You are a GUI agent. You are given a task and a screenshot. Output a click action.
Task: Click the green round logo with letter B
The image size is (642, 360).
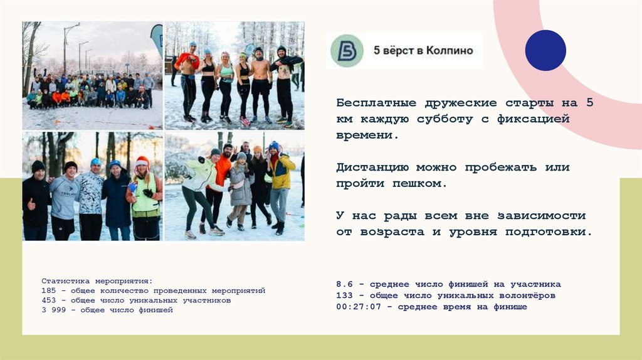347,51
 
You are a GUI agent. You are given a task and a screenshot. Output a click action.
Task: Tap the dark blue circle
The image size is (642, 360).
545,50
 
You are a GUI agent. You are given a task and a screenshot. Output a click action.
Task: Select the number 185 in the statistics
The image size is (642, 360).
49,291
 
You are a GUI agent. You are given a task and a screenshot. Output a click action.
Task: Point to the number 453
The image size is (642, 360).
49,300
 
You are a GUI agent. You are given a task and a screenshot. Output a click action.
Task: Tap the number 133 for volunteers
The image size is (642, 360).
344,295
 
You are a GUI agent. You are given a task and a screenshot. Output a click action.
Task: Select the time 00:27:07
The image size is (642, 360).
359,307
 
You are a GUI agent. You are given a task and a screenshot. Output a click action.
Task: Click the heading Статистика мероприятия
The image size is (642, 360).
97,281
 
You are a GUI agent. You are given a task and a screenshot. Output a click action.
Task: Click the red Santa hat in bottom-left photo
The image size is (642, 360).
142,161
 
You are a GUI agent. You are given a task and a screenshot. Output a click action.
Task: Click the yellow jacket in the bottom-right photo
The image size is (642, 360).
282,172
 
